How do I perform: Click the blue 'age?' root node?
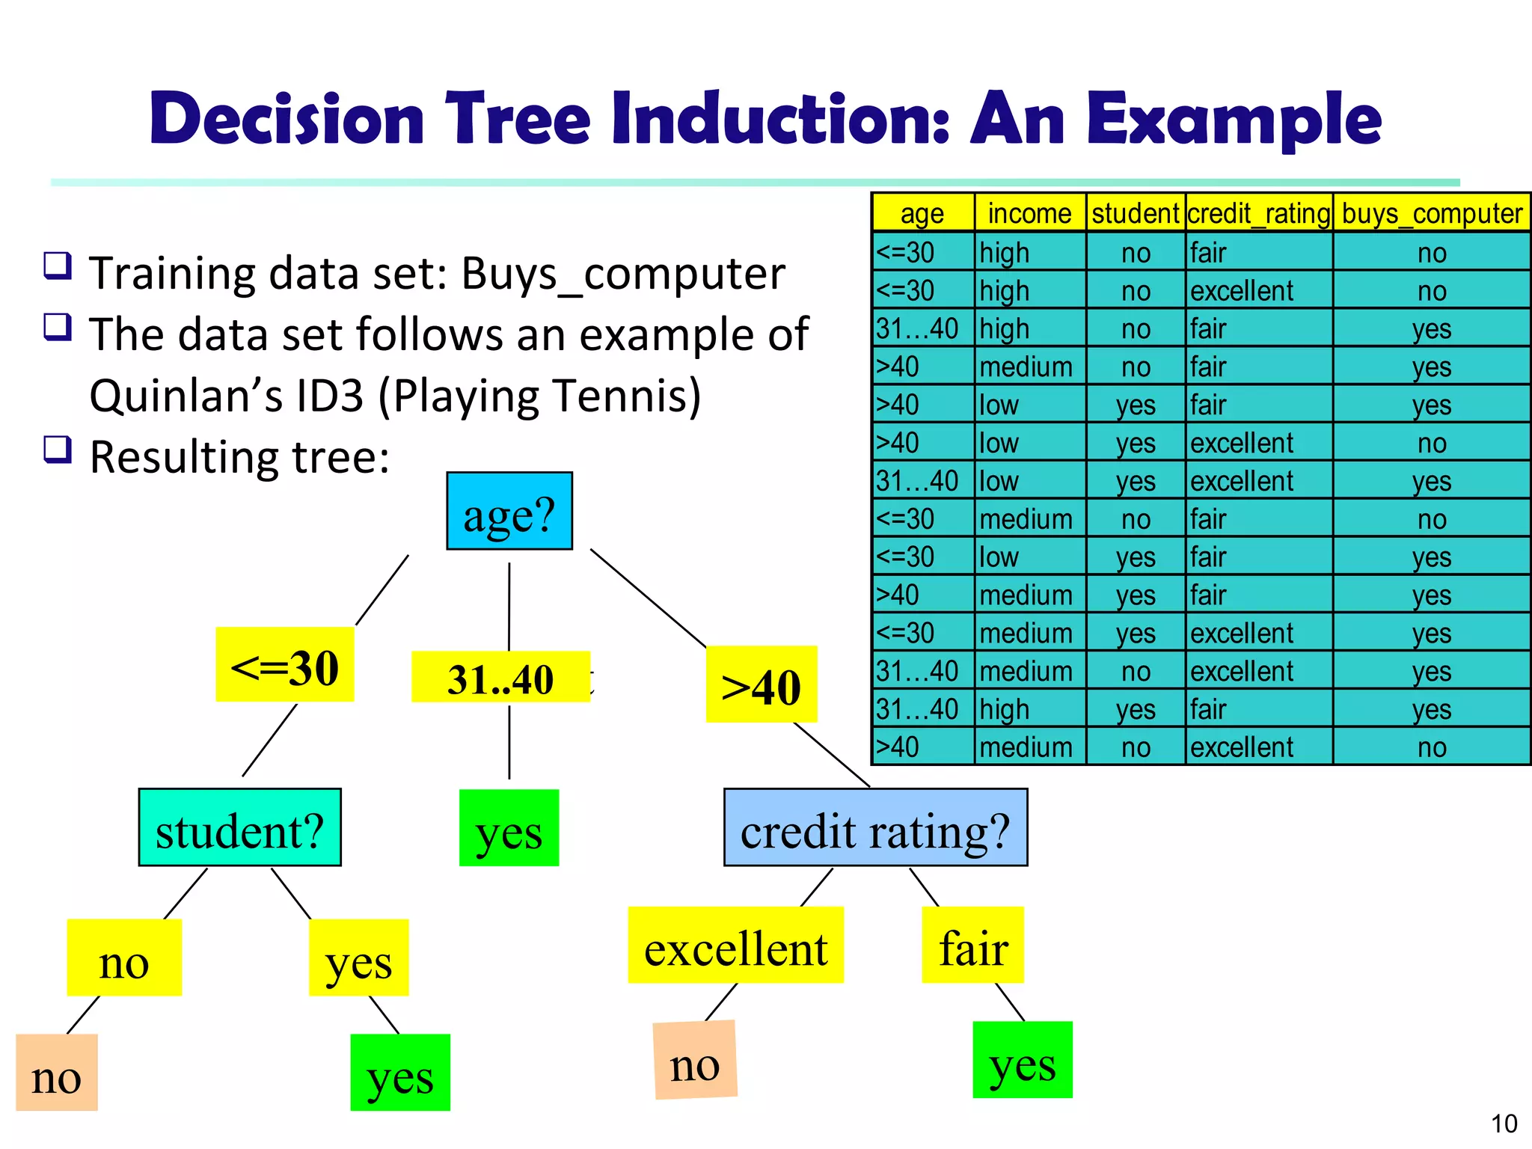coord(509,512)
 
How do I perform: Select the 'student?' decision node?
coord(239,827)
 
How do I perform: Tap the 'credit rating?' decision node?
coord(875,827)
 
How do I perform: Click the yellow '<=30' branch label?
coord(284,665)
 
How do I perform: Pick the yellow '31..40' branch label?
coord(500,678)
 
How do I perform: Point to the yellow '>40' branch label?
coord(761,684)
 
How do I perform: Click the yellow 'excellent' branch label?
coord(735,946)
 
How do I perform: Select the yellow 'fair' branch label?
coord(972,946)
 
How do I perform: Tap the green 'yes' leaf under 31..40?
coord(509,828)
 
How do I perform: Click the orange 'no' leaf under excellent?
coord(695,1060)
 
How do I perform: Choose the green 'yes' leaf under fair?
coord(1022,1060)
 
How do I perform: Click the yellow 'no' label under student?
coord(124,958)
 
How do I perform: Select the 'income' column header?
coord(1029,213)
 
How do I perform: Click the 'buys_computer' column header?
coord(1431,213)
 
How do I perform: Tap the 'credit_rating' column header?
coord(1259,213)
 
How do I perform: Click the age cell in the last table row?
coord(923,747)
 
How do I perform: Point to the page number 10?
coord(1504,1123)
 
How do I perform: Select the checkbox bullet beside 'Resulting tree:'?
coord(58,450)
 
